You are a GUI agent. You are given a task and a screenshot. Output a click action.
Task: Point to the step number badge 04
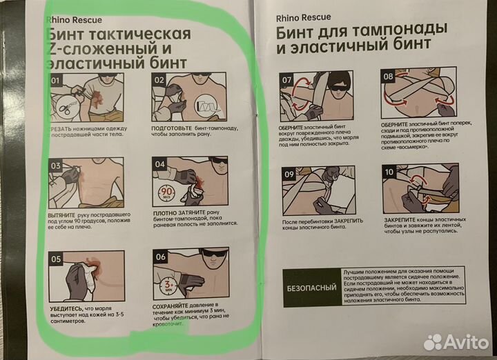pos(159,166)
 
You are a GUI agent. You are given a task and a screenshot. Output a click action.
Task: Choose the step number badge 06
pos(159,257)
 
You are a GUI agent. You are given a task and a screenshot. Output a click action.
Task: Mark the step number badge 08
pos(389,75)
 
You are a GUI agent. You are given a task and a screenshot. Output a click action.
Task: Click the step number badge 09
pos(287,173)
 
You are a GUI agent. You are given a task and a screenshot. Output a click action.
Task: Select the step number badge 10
pos(389,172)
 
